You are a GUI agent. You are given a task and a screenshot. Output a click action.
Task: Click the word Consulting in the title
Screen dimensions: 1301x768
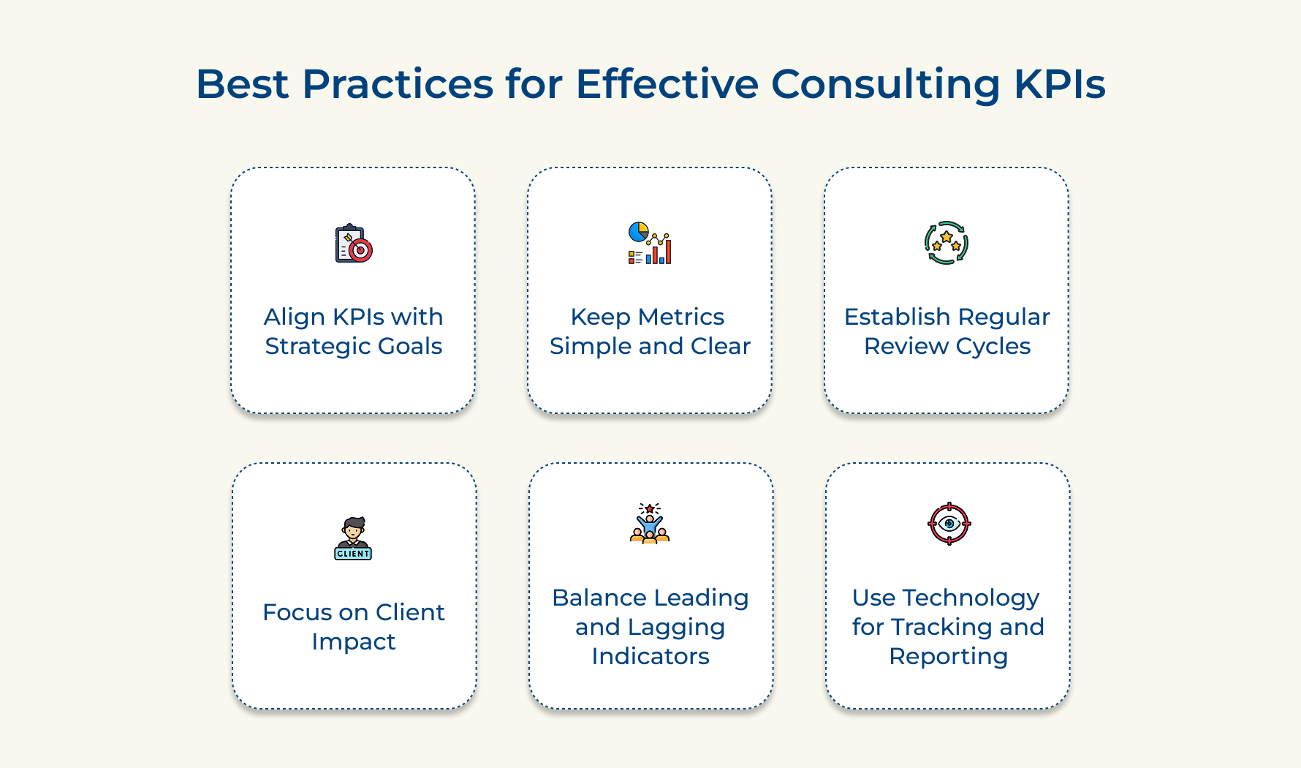[886, 85]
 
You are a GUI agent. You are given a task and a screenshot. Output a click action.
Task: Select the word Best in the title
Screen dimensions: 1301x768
[242, 83]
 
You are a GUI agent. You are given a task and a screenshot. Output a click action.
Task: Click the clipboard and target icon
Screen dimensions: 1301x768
[354, 243]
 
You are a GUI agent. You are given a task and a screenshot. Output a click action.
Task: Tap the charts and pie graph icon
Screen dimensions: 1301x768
[650, 243]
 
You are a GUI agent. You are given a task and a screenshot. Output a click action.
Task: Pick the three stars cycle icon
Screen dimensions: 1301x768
[947, 243]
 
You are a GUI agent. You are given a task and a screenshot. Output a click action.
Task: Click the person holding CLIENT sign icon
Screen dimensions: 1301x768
[354, 538]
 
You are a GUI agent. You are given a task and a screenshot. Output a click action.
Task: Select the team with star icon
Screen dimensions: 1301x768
[650, 523]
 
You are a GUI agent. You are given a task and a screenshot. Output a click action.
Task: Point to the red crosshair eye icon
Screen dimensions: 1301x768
[949, 524]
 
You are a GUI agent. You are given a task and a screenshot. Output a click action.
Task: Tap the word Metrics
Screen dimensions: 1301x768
[681, 317]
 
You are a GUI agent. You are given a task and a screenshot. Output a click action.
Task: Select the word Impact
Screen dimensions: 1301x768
[354, 642]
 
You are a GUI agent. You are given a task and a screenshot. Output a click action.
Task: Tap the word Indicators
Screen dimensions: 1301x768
[650, 656]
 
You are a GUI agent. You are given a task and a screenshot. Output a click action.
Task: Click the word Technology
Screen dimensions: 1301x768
[971, 598]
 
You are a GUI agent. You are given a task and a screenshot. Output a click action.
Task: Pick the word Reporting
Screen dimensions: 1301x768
[949, 657]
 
